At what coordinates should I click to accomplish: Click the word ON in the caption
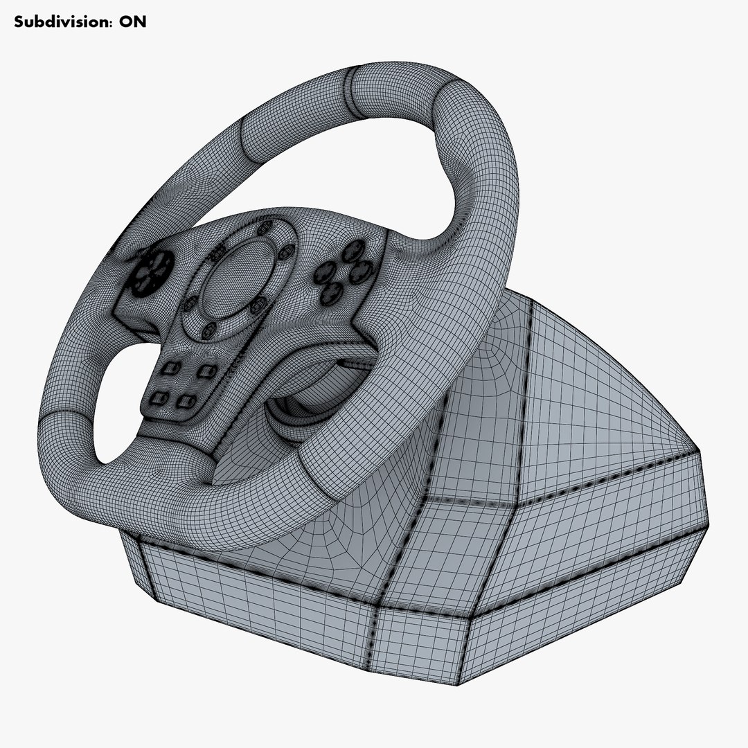point(133,21)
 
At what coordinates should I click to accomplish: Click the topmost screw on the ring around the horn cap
point(262,229)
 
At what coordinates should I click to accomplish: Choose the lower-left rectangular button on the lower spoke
point(159,397)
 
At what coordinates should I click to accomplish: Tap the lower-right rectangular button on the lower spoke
point(184,400)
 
